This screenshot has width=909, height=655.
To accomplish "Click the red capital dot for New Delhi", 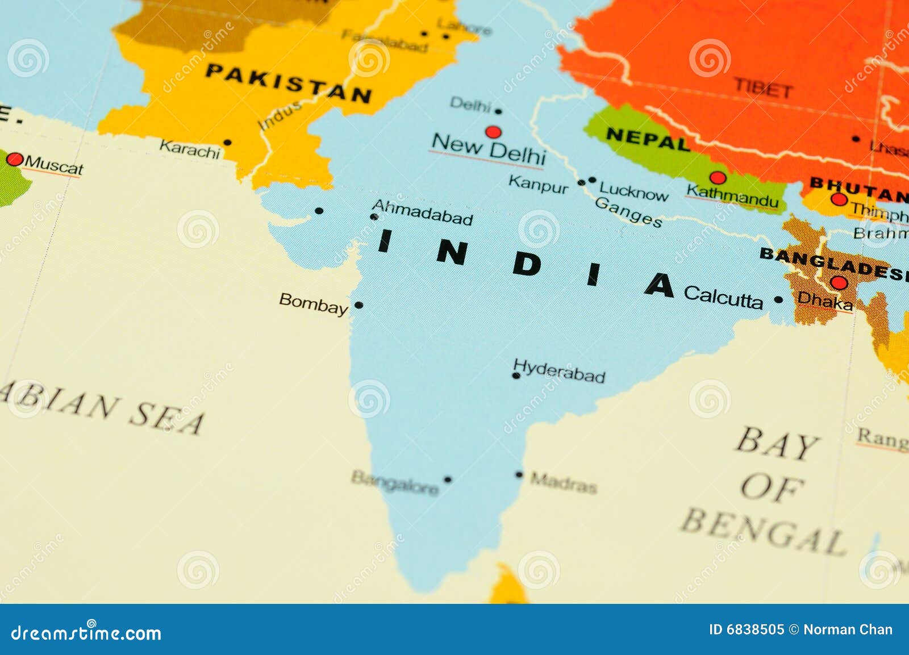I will [493, 132].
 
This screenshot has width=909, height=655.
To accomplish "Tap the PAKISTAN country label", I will [288, 83].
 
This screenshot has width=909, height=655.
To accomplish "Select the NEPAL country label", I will [648, 138].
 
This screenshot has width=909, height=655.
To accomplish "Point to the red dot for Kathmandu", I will [718, 177].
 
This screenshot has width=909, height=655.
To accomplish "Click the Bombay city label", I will [313, 303].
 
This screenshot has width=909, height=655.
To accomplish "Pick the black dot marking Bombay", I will [358, 305].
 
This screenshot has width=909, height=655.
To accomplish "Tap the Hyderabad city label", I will [559, 371].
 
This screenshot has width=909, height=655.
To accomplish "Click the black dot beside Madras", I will [519, 474].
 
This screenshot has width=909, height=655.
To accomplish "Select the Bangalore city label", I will [395, 482].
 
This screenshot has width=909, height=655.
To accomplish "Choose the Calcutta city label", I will [723, 297].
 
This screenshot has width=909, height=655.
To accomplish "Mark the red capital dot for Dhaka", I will [839, 282].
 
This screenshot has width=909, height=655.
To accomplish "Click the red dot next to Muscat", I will [14, 159].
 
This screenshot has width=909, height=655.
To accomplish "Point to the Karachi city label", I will [189, 149].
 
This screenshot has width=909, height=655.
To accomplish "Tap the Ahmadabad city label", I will [422, 212].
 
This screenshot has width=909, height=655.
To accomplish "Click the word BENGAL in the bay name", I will [764, 532].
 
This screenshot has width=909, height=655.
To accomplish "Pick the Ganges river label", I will [628, 212].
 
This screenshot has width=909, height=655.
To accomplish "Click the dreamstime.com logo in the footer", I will [86, 632].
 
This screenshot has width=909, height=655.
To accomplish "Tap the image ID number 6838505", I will [755, 629].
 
